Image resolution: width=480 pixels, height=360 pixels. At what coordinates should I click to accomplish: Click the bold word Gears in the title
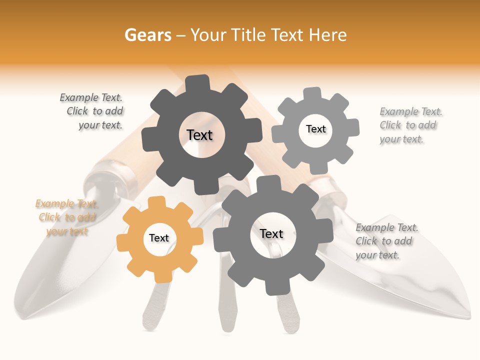[x=147, y=35]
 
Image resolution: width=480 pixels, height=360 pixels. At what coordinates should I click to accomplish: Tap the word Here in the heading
[x=328, y=35]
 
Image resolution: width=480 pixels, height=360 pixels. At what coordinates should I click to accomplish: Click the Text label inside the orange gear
[x=159, y=238]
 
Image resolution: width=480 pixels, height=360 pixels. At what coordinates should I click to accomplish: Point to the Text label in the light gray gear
[x=315, y=129]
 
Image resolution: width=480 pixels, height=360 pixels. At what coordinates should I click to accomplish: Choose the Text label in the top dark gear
[x=199, y=135]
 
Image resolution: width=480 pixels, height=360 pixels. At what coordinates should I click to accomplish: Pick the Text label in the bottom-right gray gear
[x=271, y=234]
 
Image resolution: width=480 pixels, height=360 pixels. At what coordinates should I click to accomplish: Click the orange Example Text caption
[x=66, y=217]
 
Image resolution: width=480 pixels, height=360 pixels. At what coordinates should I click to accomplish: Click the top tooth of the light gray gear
[x=312, y=93]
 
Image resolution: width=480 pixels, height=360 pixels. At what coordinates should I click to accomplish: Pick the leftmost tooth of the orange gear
[x=122, y=241]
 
